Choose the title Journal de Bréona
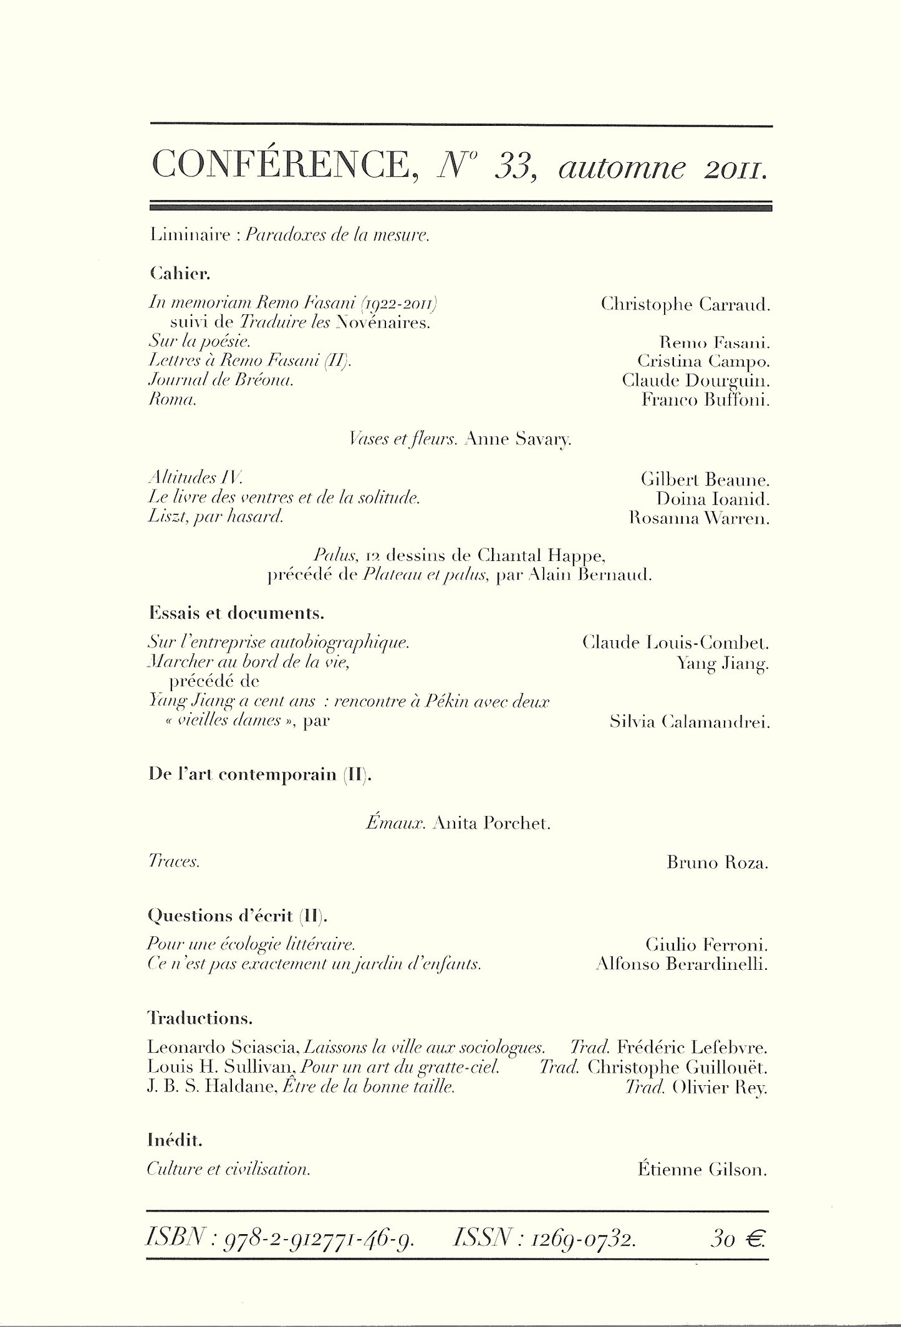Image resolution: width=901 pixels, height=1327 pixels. (221, 380)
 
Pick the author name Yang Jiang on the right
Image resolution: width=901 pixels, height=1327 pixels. (723, 665)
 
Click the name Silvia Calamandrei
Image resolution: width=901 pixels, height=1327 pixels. (691, 723)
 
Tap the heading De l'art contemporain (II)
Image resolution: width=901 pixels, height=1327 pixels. (260, 775)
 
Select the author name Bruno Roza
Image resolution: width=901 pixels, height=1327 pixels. (717, 863)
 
